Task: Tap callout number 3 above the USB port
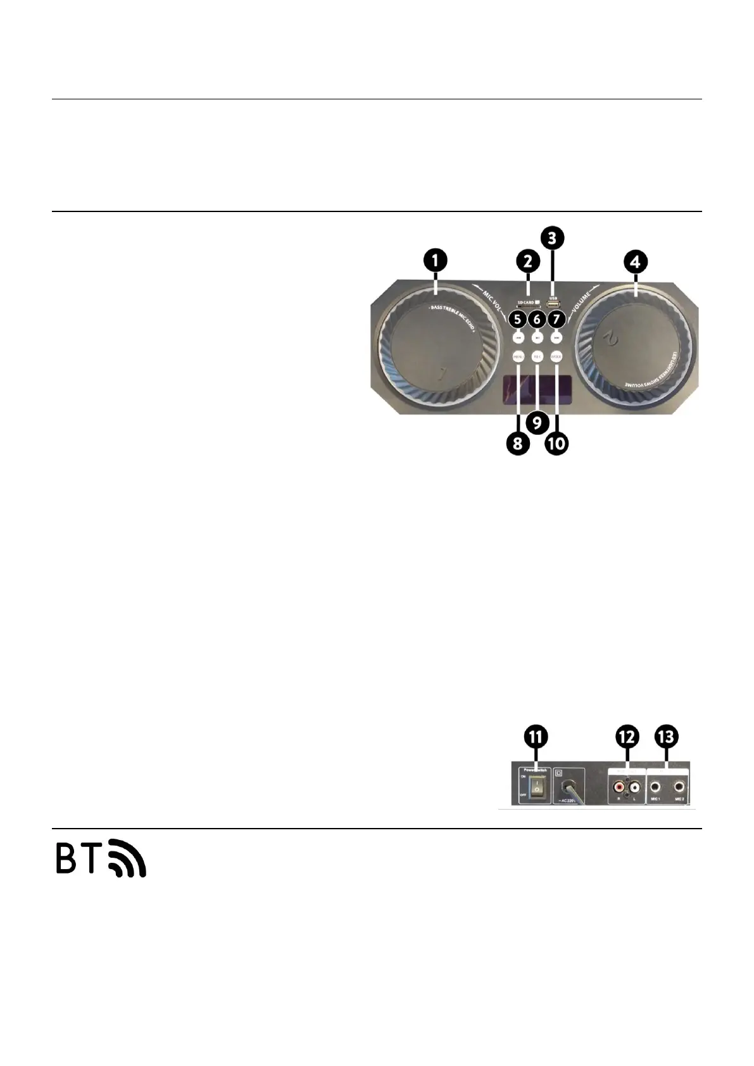[x=553, y=239]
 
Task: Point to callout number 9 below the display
[x=537, y=422]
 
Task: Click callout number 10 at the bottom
[x=556, y=443]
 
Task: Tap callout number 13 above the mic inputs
[x=667, y=737]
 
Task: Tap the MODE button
[x=556, y=356]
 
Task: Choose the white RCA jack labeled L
[x=636, y=788]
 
